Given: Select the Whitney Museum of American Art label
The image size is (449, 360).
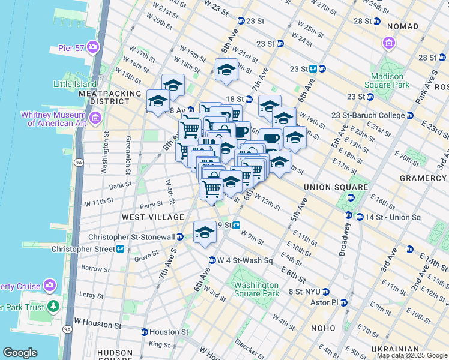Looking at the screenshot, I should coord(53,119).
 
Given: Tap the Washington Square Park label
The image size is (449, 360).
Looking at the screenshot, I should coord(256,289).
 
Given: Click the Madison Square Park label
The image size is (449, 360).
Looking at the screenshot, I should coord(387,80).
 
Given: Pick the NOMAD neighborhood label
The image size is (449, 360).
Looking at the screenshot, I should coord(403,26).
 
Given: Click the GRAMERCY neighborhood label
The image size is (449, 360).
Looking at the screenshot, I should coord(424,178).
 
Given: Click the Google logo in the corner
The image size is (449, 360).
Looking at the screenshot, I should coord(20,353).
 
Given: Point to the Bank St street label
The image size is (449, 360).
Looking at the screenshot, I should coord(120,185).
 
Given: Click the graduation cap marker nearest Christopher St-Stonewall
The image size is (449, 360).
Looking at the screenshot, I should coord(204,232).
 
